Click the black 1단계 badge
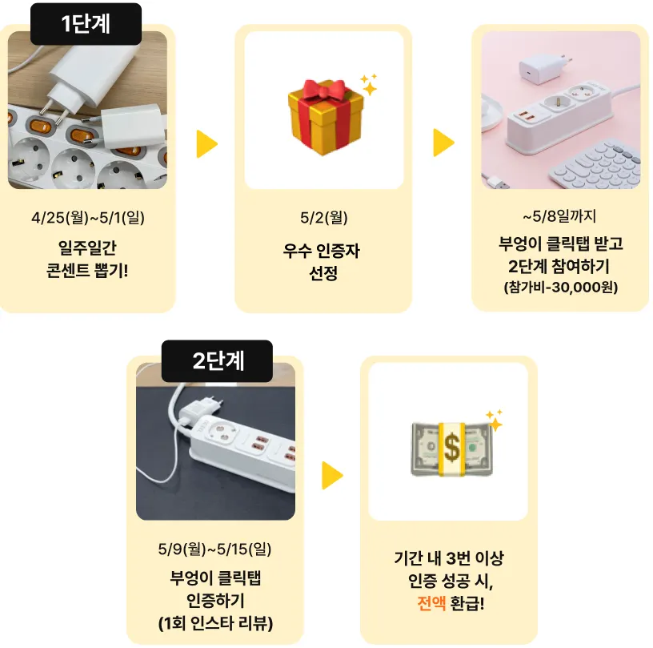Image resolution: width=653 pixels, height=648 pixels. click(x=86, y=24)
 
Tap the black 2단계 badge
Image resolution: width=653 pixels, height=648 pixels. click(x=217, y=360)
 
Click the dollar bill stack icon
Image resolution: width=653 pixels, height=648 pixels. click(x=451, y=448)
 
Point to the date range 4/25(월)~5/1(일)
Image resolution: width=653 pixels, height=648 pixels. click(x=88, y=217)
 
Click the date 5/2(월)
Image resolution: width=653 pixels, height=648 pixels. click(x=323, y=217)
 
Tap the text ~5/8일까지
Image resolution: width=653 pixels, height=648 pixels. click(x=559, y=215)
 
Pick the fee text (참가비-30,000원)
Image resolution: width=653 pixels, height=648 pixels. click(x=560, y=287)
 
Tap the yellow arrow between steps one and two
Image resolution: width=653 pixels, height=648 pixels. click(x=206, y=143)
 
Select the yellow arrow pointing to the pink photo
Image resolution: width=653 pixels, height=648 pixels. click(x=443, y=143)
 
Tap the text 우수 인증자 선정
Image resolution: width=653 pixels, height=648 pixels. click(x=323, y=262)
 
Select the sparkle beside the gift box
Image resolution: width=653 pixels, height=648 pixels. click(x=369, y=83)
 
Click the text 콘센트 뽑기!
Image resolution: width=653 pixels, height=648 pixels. click(x=88, y=268)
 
